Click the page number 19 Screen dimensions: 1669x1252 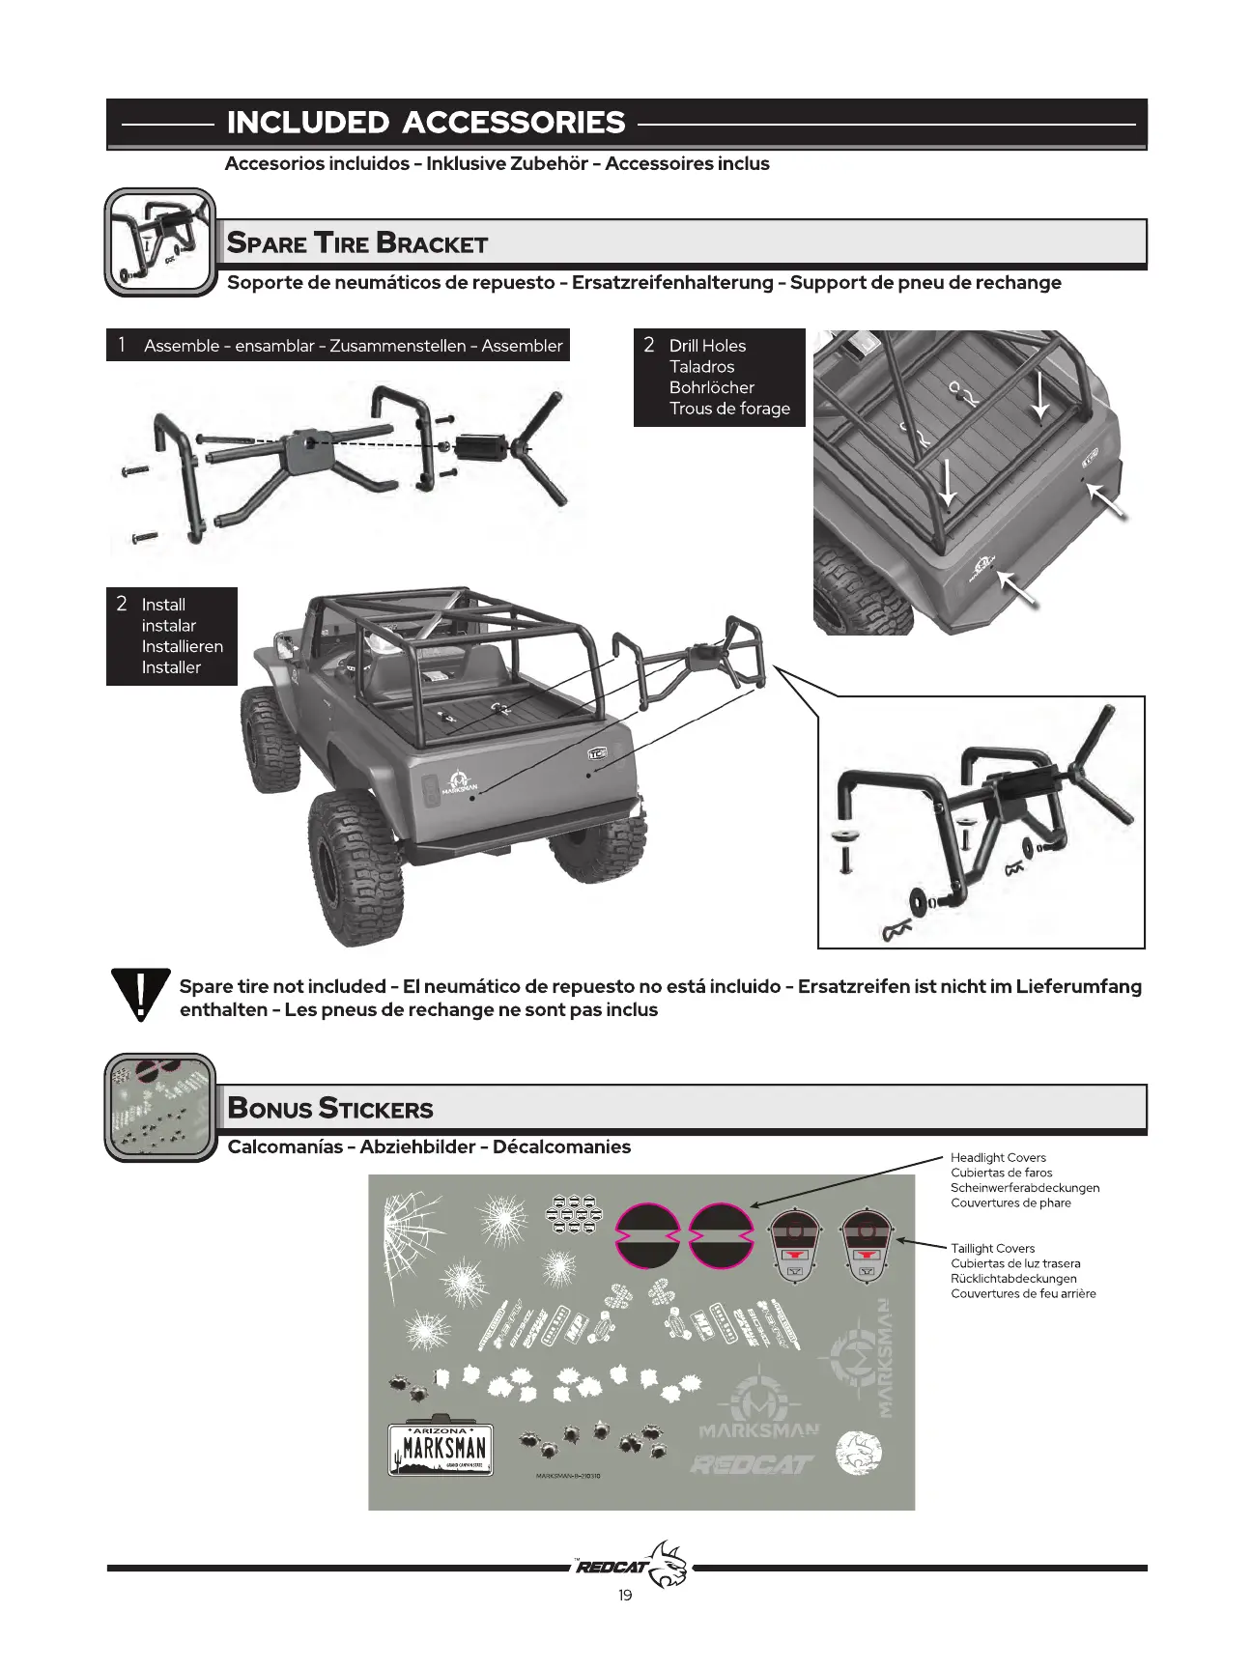tap(625, 1595)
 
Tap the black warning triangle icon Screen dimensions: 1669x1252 tap(140, 994)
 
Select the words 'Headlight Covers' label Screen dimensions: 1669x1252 tap(998, 1157)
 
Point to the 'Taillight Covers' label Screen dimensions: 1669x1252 tap(992, 1248)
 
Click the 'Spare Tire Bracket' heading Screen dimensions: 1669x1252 tap(356, 242)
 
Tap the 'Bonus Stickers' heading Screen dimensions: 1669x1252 tap(330, 1108)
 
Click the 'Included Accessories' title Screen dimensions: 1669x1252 tap(425, 123)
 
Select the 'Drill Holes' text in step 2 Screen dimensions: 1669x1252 tap(707, 346)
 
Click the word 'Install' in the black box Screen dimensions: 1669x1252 tap(163, 605)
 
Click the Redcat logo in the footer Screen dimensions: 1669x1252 tap(633, 1565)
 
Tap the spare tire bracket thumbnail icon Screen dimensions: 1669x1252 tap(160, 241)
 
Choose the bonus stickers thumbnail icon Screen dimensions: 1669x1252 tap(160, 1107)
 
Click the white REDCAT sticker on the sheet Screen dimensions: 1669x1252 tap(752, 1465)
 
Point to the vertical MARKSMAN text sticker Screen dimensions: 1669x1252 tap(885, 1358)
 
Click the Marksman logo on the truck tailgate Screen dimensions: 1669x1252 tap(458, 781)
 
